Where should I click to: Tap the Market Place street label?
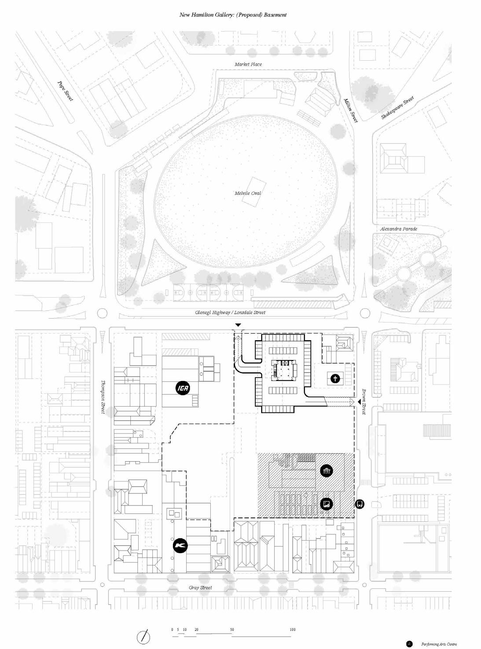[x=248, y=64]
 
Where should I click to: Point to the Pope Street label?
[x=65, y=91]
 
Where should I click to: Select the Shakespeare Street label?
[x=397, y=108]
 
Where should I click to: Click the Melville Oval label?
[x=248, y=193]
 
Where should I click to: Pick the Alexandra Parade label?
[x=399, y=229]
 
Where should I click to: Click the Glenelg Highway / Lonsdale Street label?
[x=230, y=312]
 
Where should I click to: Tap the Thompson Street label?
[x=104, y=397]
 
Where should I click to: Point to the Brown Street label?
[x=364, y=401]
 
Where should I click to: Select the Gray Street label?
[x=200, y=587]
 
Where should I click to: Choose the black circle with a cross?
[x=335, y=378]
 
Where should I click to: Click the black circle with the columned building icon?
[x=327, y=471]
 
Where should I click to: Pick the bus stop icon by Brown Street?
[x=360, y=504]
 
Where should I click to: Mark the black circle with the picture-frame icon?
[x=327, y=504]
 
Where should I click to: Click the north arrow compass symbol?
[x=144, y=636]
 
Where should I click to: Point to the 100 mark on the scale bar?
[x=292, y=630]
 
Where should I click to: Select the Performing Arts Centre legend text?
[x=439, y=644]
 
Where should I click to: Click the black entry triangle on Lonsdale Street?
[x=238, y=325]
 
